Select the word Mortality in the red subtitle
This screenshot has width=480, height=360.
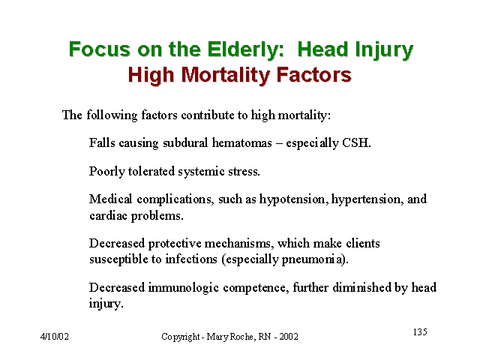click(226, 75)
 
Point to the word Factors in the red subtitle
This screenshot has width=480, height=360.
click(313, 75)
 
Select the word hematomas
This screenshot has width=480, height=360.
click(241, 143)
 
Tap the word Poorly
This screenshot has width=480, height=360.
click(106, 172)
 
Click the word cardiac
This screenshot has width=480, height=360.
click(108, 216)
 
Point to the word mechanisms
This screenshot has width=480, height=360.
click(239, 243)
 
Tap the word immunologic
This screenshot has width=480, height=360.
click(183, 288)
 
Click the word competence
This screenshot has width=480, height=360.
click(256, 288)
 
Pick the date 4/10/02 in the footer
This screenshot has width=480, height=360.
click(55, 337)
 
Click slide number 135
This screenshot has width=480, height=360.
click(420, 331)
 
